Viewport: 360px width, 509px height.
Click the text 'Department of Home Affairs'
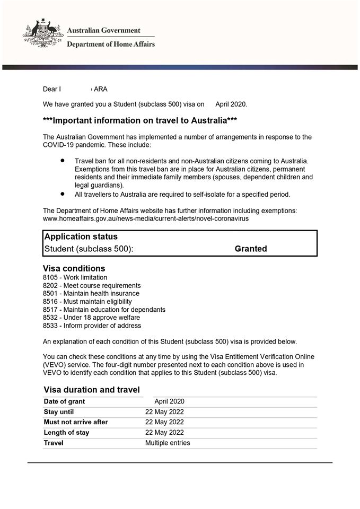[x=111, y=45]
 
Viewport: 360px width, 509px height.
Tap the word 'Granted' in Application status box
[x=251, y=249]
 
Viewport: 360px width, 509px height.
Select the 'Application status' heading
[x=81, y=236]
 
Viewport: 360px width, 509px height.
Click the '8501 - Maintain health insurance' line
[x=91, y=293]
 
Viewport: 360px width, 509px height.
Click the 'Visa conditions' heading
[x=74, y=268]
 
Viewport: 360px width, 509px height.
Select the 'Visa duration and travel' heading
[x=92, y=390]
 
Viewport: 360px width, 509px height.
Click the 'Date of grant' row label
[x=64, y=401]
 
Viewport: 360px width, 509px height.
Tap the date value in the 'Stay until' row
[x=164, y=411]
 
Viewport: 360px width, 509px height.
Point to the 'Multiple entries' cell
[x=168, y=443]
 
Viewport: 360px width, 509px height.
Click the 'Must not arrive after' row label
[x=76, y=422]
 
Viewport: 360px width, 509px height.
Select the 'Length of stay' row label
[x=66, y=433]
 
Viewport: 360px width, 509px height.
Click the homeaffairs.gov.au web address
[x=146, y=218]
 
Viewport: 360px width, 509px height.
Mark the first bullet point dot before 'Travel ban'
[x=63, y=160]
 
